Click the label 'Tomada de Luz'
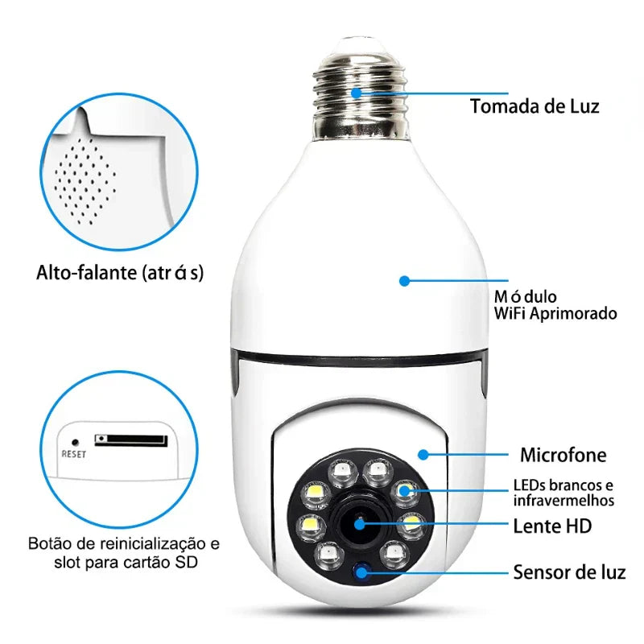(535, 106)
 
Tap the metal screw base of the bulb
(359, 89)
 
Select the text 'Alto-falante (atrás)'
(120, 273)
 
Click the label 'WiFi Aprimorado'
(555, 313)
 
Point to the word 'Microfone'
(563, 455)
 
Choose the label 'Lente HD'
(552, 526)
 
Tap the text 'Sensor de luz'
(569, 573)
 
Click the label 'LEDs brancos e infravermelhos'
(563, 493)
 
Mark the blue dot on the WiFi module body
(404, 281)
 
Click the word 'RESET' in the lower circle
(73, 454)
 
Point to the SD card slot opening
(131, 440)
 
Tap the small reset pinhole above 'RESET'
(75, 441)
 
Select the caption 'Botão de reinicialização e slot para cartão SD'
(123, 551)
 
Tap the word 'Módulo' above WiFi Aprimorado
(526, 297)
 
